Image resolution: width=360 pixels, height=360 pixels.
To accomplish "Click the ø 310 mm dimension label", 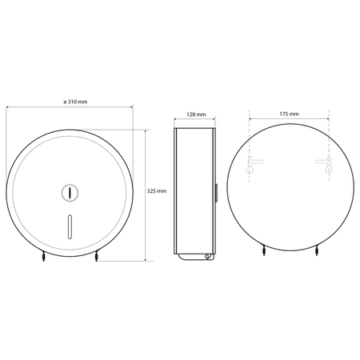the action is (x=75, y=102).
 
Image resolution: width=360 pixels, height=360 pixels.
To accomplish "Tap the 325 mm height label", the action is (x=157, y=191).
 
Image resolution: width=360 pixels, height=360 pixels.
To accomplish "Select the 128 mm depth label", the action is (x=196, y=114).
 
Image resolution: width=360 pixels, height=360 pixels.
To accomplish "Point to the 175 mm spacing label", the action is (x=289, y=114).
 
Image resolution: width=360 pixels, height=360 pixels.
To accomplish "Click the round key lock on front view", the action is (x=70, y=192).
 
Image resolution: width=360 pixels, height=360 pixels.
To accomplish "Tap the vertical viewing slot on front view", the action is (x=70, y=226).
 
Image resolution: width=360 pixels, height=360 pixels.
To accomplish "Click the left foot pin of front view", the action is (x=43, y=257).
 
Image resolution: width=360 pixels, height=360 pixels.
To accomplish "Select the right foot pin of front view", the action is (x=96, y=257).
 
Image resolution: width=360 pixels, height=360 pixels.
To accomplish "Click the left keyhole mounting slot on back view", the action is (x=252, y=165).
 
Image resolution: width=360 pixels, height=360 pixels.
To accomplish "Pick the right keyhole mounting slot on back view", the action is (x=326, y=165).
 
